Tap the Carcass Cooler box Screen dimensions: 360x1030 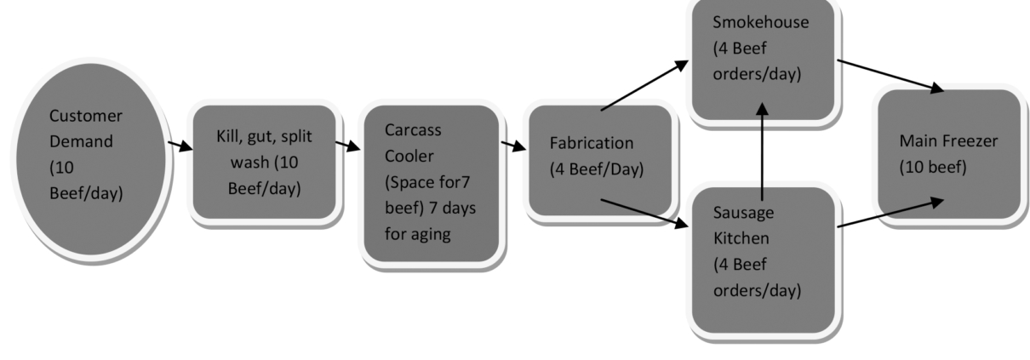tap(430, 182)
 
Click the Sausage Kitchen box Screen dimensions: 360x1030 tap(761, 259)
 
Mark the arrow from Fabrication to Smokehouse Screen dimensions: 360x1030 tap(644, 85)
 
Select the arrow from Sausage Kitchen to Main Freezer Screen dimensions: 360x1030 tap(890, 213)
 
